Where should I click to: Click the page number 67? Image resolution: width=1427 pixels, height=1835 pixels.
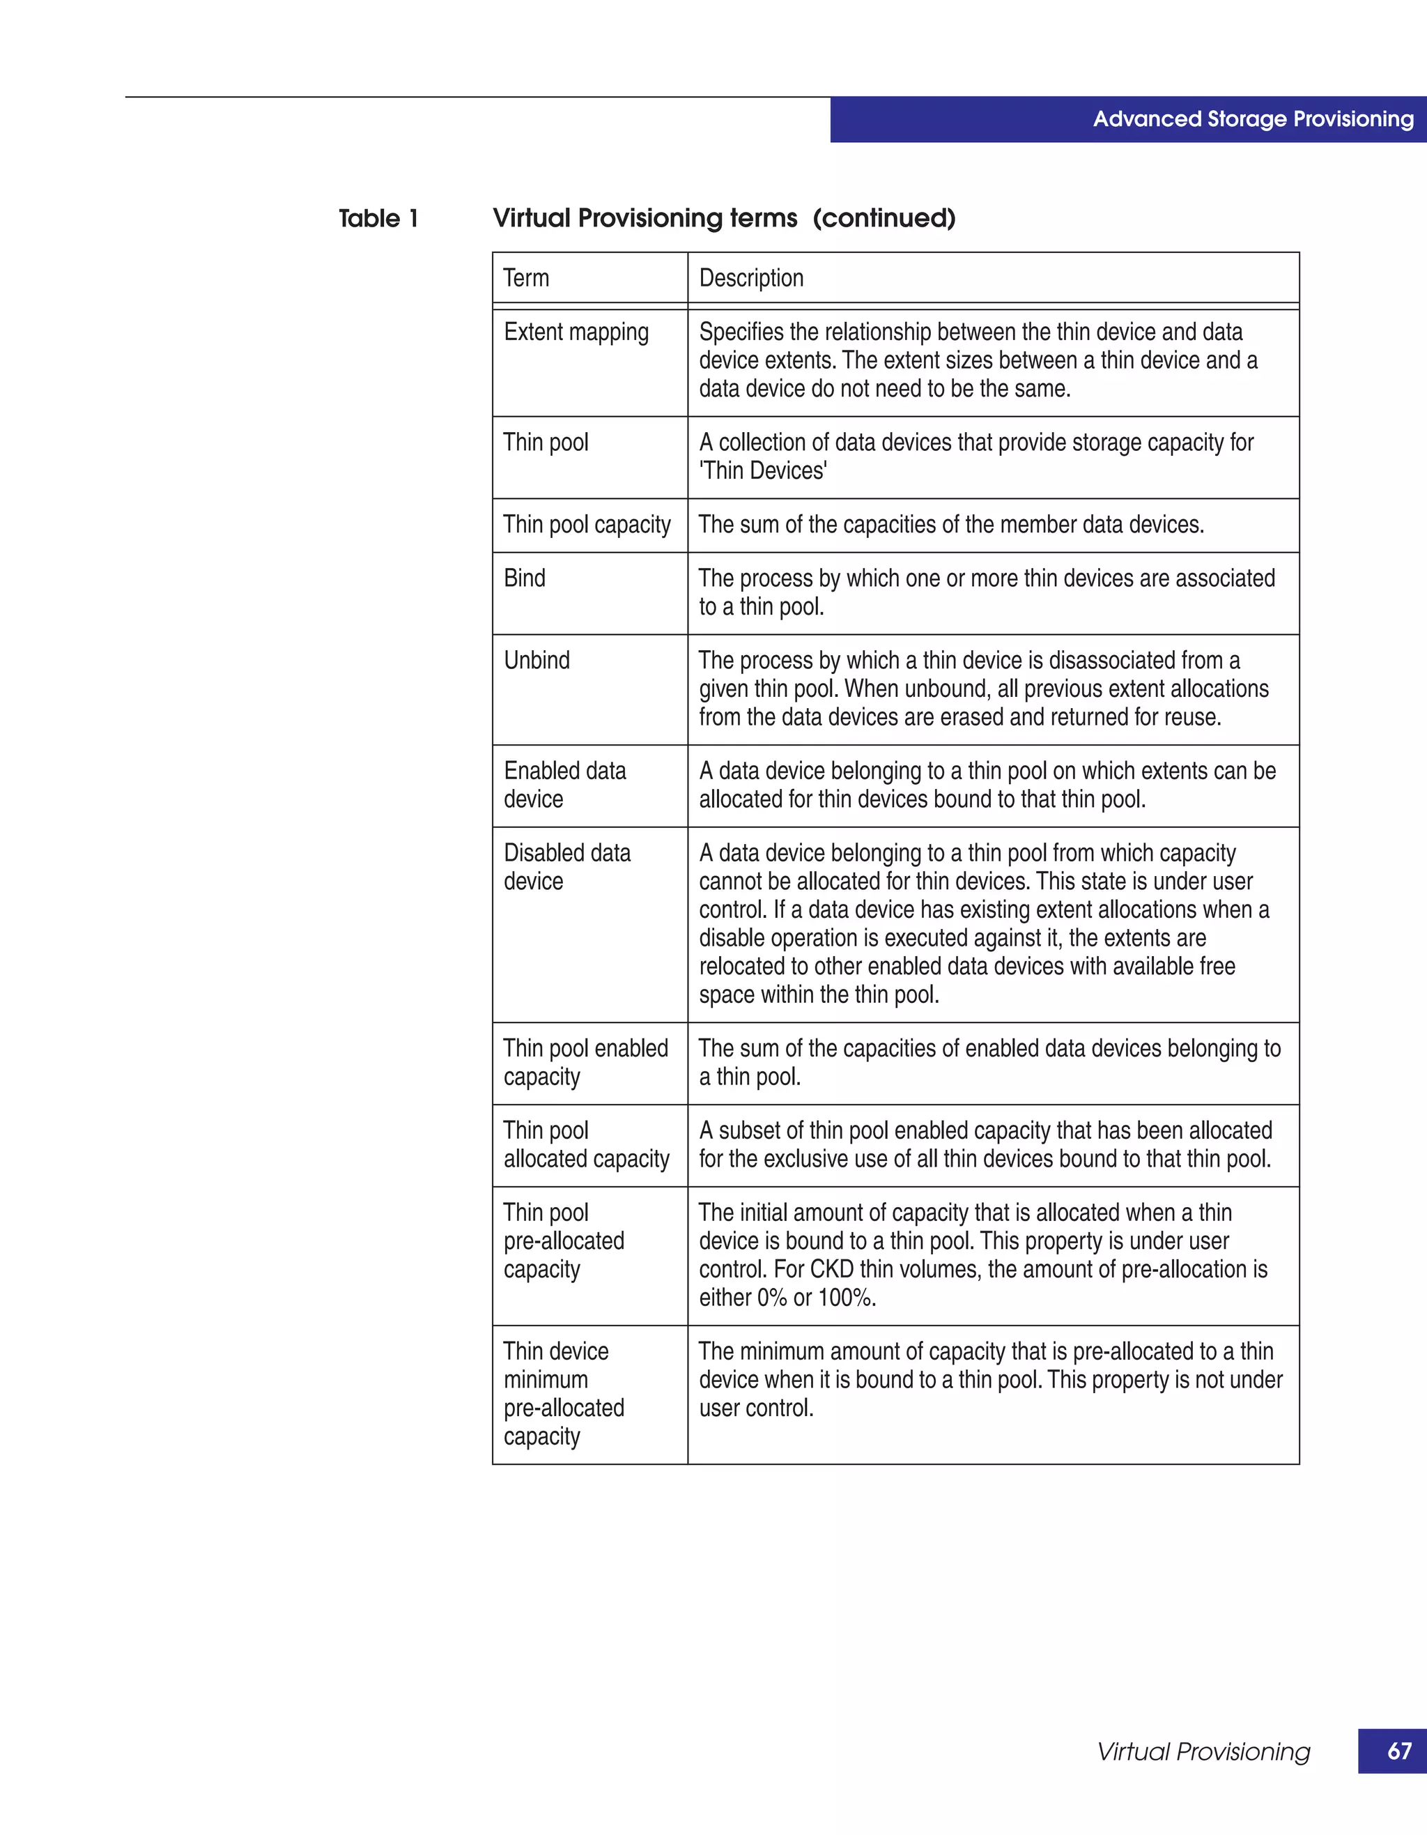pos(1398,1751)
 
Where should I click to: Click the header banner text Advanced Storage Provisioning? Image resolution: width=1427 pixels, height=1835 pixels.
pos(1252,119)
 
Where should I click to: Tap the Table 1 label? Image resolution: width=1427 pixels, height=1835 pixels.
pos(378,218)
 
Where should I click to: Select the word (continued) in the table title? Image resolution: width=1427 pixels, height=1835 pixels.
pos(884,218)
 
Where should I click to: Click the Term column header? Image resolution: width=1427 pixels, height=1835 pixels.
pos(526,278)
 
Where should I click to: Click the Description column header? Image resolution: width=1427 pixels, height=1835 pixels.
pos(751,278)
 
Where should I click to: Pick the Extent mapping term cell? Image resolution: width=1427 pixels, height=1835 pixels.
pos(576,332)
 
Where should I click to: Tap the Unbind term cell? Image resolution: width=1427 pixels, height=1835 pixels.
pos(537,661)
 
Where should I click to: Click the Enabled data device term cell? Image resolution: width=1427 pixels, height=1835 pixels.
pos(564,785)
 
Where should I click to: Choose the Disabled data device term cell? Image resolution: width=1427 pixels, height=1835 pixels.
pos(567,867)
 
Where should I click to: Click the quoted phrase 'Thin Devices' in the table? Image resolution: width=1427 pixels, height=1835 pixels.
pos(763,471)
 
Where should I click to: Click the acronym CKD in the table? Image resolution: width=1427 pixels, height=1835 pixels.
pos(831,1270)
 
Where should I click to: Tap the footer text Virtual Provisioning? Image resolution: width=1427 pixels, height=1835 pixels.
pos(1203,1752)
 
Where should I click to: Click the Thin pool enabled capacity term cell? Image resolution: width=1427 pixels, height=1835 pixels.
pos(585,1062)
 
